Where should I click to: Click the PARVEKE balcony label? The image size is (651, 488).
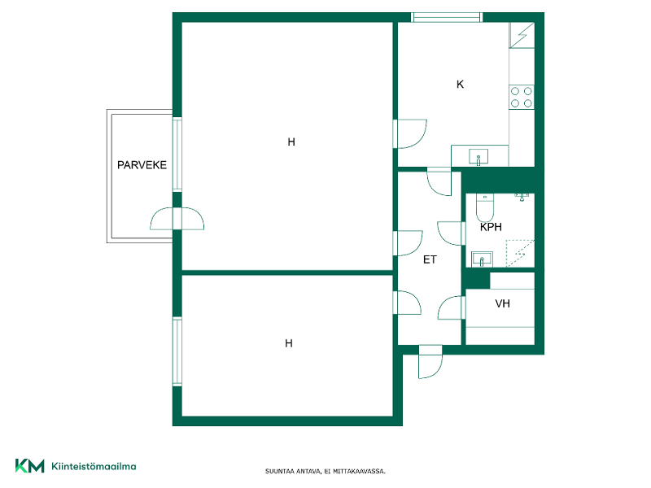pyautogui.click(x=142, y=165)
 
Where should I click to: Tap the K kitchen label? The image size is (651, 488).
pyautogui.click(x=460, y=85)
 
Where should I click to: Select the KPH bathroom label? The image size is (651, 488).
pyautogui.click(x=491, y=227)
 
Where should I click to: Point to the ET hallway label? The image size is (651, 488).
pyautogui.click(x=430, y=259)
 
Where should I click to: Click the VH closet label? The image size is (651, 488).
pyautogui.click(x=502, y=303)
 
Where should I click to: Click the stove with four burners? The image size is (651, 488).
pyautogui.click(x=522, y=98)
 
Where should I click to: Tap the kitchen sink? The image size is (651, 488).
pyautogui.click(x=478, y=157)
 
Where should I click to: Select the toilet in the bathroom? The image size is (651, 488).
pyautogui.click(x=484, y=207)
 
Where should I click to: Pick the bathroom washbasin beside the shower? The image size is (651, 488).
pyautogui.click(x=482, y=259)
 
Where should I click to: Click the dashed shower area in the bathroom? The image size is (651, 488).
pyautogui.click(x=520, y=253)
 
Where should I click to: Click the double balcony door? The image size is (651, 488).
pyautogui.click(x=177, y=219)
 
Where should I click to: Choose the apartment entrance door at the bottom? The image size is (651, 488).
pyautogui.click(x=430, y=362)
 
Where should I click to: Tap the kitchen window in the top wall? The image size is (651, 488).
pyautogui.click(x=446, y=17)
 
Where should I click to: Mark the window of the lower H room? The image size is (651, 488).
pyautogui.click(x=177, y=351)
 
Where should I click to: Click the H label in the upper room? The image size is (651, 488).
pyautogui.click(x=291, y=142)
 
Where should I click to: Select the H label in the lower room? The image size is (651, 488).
pyautogui.click(x=289, y=343)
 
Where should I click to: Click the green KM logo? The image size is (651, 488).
pyautogui.click(x=30, y=465)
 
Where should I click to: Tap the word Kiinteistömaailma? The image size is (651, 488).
pyautogui.click(x=94, y=466)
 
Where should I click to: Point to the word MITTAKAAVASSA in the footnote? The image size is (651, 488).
pyautogui.click(x=359, y=472)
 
